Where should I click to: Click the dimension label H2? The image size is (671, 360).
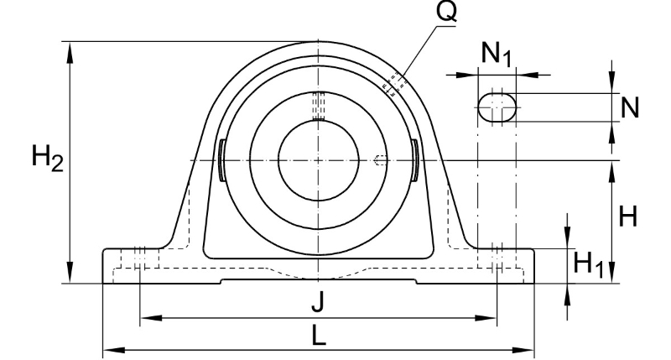48,158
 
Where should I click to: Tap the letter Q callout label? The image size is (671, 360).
446,11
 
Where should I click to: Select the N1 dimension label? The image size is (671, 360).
497,54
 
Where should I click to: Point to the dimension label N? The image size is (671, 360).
630,107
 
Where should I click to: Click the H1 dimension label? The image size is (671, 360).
589,264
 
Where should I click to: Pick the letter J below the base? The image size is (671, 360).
318,302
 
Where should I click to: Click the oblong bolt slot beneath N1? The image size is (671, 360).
497,107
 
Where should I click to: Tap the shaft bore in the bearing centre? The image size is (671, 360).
319,160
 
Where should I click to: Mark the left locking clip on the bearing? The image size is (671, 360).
221,160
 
